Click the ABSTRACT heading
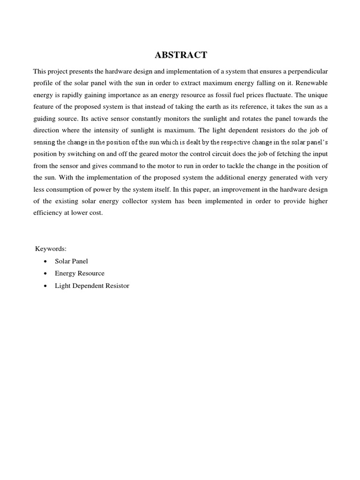coord(180,55)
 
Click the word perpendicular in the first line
coord(306,71)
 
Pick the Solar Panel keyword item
coord(71,261)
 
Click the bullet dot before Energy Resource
coord(45,273)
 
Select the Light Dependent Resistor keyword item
coord(92,285)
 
